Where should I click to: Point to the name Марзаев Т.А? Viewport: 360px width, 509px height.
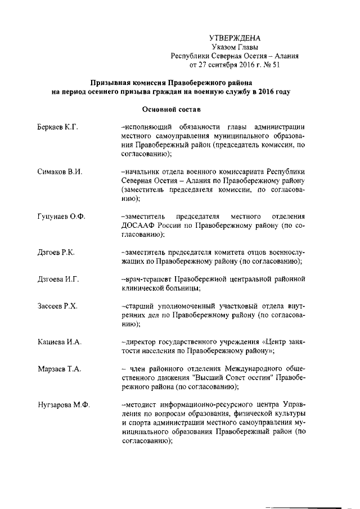(x=55, y=369)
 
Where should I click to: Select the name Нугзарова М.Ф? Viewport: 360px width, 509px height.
(x=60, y=406)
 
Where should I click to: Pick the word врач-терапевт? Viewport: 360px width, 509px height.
(x=147, y=280)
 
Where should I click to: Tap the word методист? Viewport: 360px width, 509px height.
(x=143, y=406)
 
